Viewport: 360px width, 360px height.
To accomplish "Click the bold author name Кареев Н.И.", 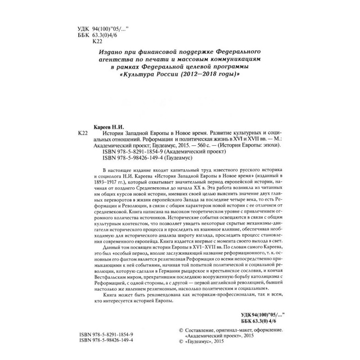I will [108, 128].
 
